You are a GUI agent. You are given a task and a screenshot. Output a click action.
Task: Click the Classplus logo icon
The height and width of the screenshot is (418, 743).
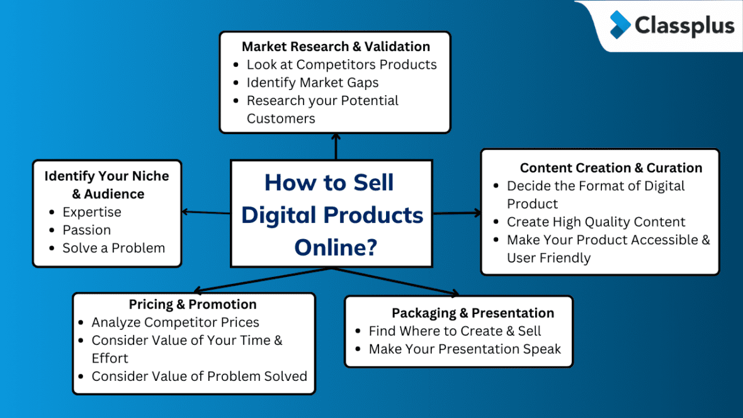[620, 25]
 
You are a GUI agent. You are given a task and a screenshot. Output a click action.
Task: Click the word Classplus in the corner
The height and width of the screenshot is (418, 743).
[684, 26]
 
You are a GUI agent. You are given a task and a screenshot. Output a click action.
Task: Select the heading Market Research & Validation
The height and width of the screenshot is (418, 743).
[336, 47]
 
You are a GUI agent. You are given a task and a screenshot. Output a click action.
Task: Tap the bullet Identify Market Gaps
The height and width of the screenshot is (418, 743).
[312, 82]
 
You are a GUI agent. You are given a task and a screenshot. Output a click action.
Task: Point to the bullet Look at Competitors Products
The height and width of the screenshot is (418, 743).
[341, 64]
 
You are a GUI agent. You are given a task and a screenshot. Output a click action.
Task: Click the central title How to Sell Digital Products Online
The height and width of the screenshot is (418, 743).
[331, 215]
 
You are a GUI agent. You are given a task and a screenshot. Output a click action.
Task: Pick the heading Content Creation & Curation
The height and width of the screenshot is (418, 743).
[611, 167]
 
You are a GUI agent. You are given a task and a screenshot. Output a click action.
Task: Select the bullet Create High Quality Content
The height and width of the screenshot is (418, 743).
[596, 222]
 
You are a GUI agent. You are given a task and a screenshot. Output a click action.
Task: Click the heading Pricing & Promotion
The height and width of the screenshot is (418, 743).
[193, 304]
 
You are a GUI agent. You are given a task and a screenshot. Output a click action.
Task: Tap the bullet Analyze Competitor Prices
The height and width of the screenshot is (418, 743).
[175, 322]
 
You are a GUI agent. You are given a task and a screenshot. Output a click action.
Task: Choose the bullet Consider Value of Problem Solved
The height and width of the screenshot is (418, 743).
[199, 376]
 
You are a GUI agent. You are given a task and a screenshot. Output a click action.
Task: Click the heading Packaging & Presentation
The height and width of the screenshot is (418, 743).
[473, 313]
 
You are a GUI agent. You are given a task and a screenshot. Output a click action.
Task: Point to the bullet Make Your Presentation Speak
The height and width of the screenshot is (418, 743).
[464, 349]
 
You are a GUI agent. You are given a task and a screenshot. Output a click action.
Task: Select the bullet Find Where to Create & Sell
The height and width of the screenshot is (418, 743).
[455, 331]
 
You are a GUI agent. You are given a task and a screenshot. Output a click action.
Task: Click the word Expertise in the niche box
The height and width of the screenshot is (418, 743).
[92, 212]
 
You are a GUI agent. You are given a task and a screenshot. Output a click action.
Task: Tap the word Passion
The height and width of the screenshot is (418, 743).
[86, 230]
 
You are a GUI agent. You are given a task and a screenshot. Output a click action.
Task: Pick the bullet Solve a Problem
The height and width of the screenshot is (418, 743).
[113, 248]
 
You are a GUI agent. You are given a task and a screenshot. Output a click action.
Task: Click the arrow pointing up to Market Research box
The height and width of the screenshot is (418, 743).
[336, 146]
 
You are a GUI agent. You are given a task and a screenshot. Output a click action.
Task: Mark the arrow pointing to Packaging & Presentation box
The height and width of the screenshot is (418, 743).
[397, 281]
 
